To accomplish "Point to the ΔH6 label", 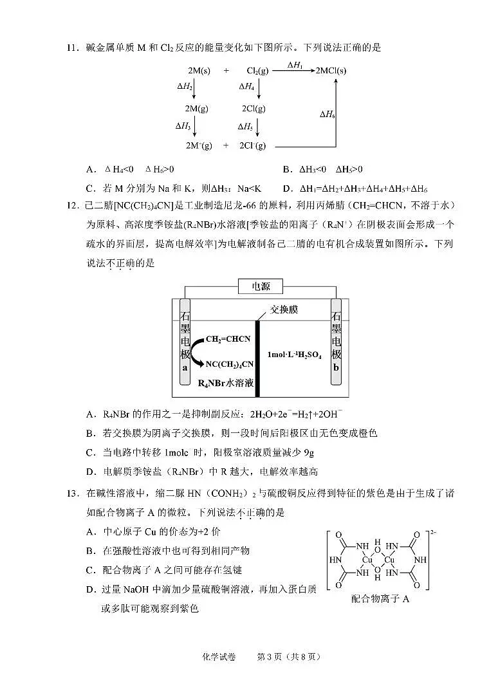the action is click(328, 114).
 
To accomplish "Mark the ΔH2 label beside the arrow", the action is click(184, 86).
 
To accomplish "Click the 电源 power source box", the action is click(261, 286).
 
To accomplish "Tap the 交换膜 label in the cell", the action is click(284, 310).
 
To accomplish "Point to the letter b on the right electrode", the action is click(336, 367).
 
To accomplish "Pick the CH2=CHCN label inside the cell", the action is click(228, 339).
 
